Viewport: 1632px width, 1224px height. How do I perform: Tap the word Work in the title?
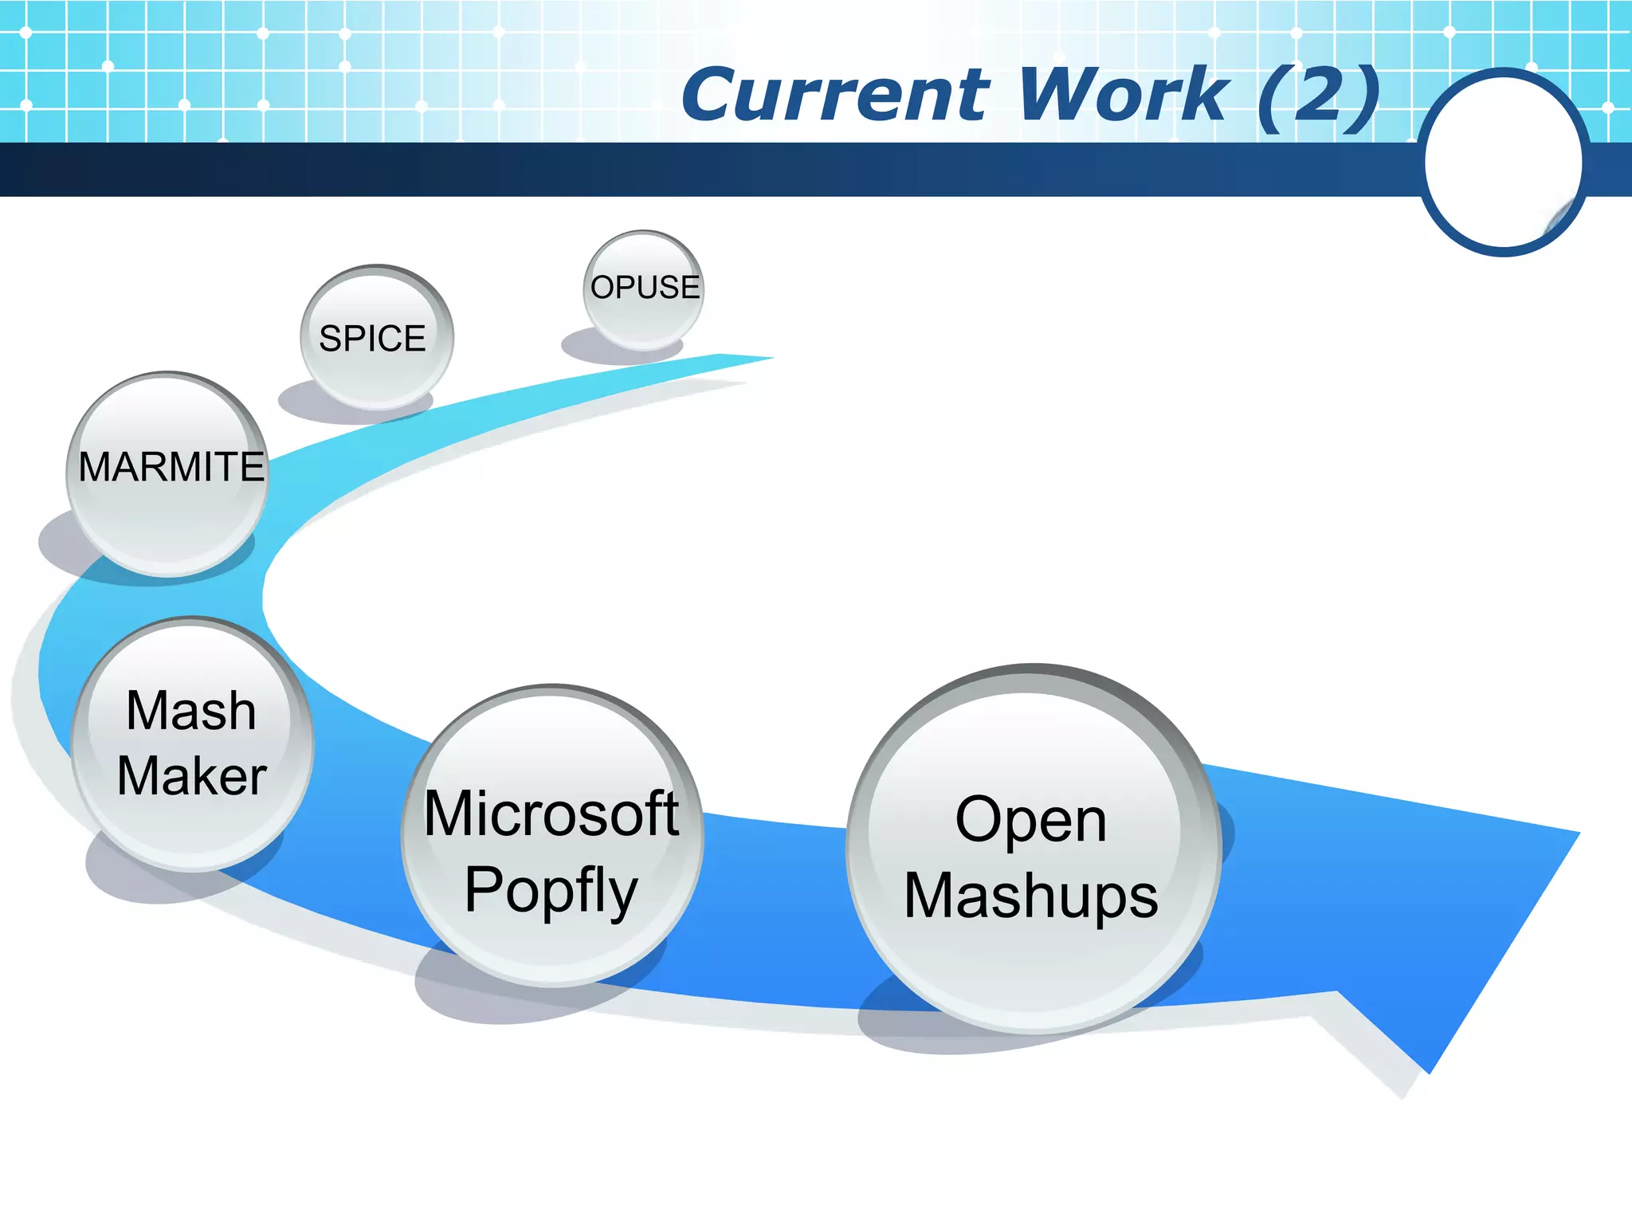click(1124, 96)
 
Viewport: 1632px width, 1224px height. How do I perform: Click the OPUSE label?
click(645, 287)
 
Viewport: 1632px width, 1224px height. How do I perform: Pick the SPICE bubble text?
click(372, 339)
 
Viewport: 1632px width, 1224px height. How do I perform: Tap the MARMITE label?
click(171, 467)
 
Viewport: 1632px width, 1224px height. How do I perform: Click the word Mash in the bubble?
click(191, 711)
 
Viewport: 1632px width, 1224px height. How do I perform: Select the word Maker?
click(191, 776)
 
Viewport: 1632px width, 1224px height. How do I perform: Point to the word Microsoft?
click(551, 814)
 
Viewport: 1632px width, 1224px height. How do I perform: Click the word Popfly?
click(551, 890)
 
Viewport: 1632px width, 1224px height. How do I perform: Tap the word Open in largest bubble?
click(1031, 820)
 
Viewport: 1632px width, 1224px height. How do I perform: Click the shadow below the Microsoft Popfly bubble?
click(478, 996)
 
